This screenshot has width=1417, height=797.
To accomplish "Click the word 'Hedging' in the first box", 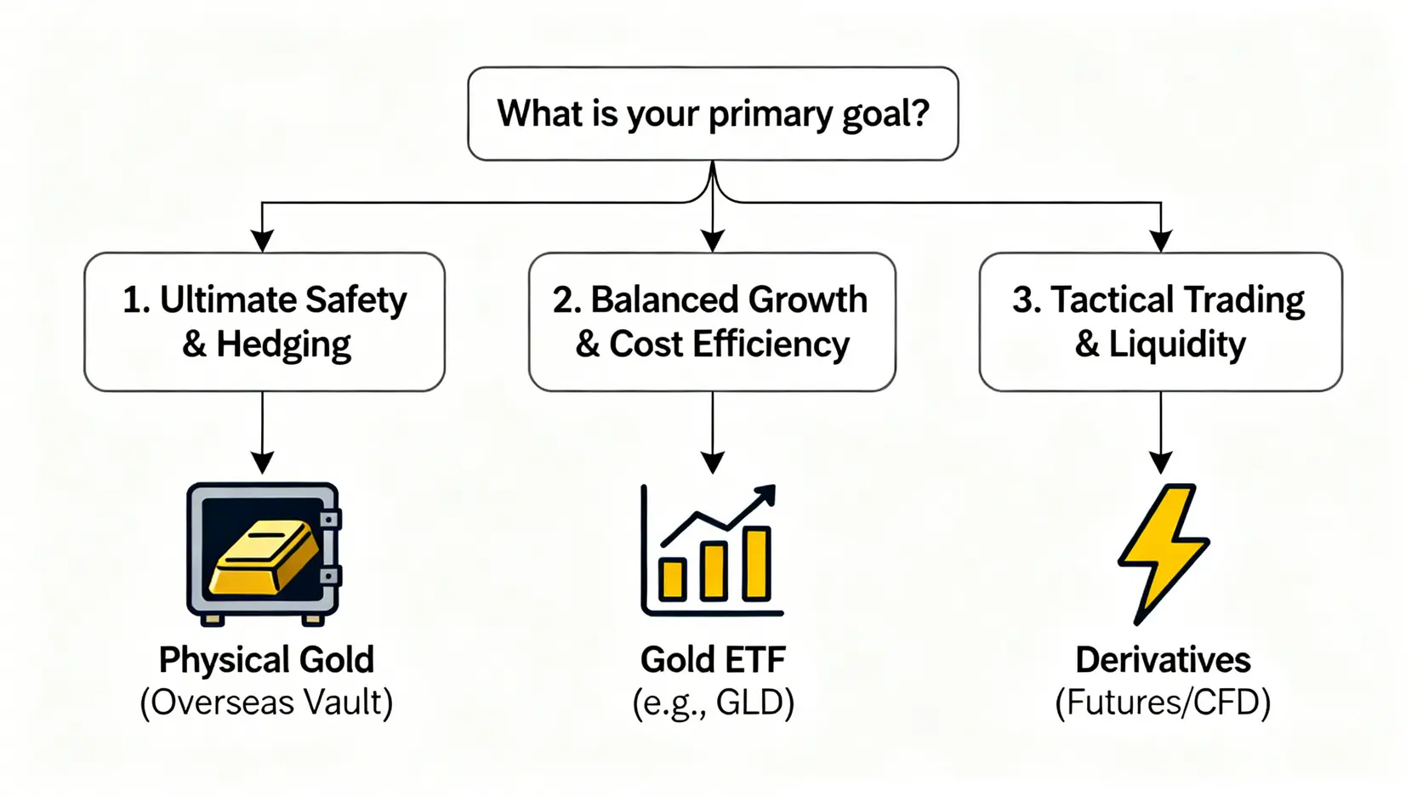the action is click(283, 345).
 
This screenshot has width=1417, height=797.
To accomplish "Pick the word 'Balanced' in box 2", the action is click(658, 299).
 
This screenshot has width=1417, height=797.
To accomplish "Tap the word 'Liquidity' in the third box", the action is click(1177, 345).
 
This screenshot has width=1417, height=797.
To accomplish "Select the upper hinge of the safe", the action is click(330, 520).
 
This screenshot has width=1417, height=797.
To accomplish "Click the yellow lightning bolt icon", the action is click(1163, 554).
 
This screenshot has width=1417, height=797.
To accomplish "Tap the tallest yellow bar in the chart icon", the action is click(757, 564).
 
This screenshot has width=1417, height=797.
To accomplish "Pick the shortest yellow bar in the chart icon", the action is click(673, 579).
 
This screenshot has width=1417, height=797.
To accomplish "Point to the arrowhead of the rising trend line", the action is click(765, 495).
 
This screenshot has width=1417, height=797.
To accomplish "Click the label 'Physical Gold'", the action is click(266, 660).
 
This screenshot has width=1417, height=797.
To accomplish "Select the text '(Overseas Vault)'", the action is click(266, 703).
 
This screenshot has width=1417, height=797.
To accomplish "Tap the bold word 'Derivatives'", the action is click(1163, 660).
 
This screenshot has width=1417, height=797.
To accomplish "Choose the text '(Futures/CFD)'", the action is click(1163, 703).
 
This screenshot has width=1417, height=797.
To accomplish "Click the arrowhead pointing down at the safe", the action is click(263, 462).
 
